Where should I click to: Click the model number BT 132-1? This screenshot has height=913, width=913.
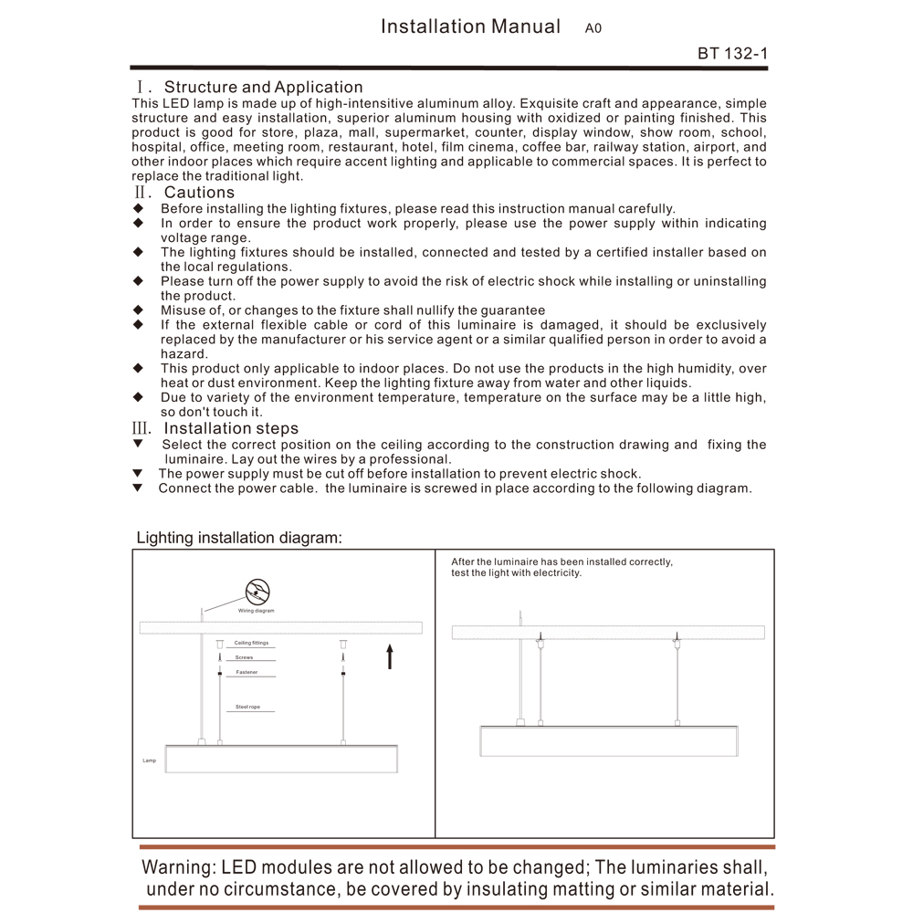point(732,53)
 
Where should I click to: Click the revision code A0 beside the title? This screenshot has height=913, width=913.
point(593,28)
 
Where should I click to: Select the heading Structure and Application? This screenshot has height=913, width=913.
point(263,88)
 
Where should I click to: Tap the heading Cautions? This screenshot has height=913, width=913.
point(199,193)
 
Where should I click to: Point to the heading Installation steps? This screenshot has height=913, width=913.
point(231,428)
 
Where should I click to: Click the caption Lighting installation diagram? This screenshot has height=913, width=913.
point(239,538)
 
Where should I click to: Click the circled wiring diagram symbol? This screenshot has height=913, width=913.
point(257,591)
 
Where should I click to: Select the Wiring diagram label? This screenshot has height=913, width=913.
point(257,611)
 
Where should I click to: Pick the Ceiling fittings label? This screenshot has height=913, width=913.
point(251,643)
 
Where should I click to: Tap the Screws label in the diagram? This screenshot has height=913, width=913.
point(244,657)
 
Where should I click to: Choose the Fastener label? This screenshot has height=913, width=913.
point(247,672)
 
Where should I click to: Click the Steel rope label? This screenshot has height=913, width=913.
point(248,707)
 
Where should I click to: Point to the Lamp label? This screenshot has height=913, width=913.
point(149,760)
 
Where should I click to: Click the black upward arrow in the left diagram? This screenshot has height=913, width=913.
point(390,656)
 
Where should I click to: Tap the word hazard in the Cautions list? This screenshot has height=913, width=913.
point(184,354)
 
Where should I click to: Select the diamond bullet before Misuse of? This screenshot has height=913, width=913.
point(138,310)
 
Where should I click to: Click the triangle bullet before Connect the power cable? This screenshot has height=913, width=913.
point(138,488)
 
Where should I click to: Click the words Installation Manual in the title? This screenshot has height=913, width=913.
point(470,26)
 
